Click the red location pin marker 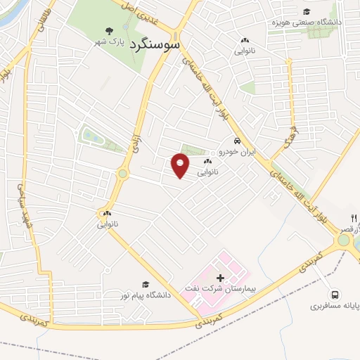(x=181, y=167)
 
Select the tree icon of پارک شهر (x=108, y=30)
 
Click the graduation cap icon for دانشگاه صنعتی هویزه (x=306, y=11)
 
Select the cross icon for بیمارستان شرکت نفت (x=221, y=278)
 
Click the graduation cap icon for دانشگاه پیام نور (x=146, y=284)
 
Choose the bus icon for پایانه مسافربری (x=335, y=295)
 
